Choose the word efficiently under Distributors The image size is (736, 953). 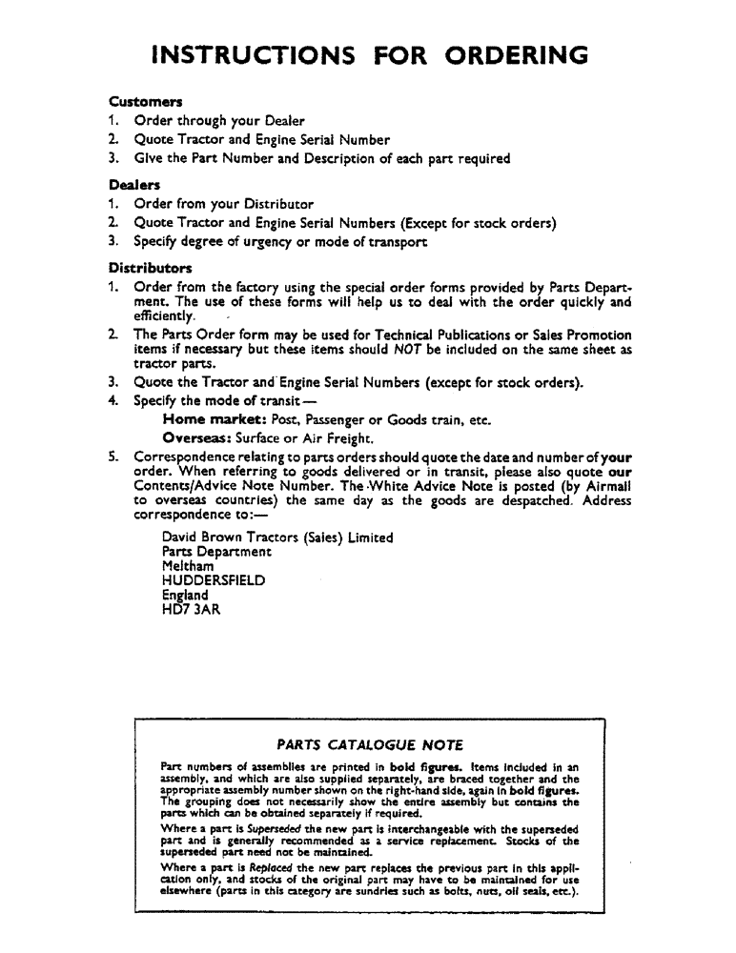(x=165, y=315)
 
